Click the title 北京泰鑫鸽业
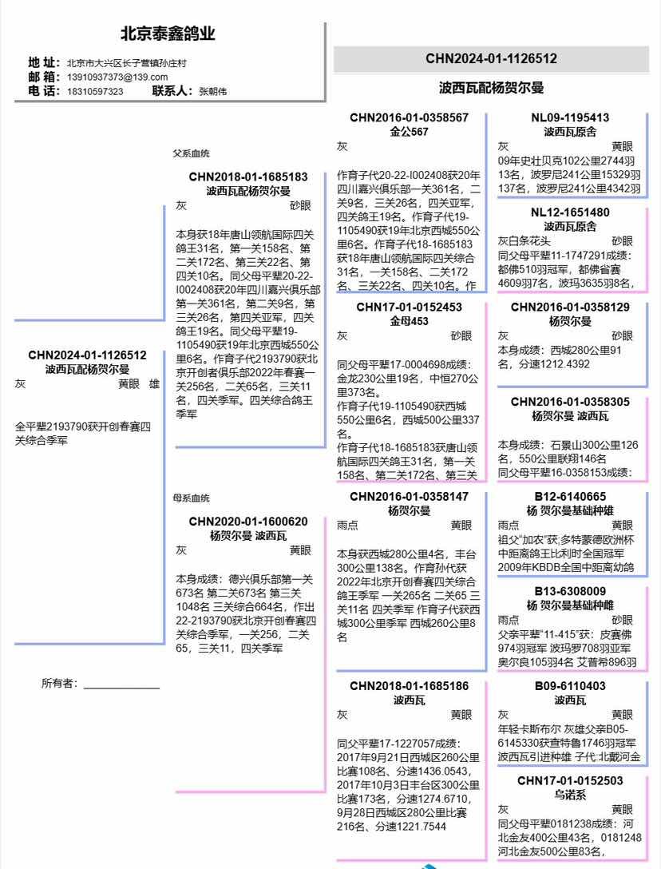(x=168, y=34)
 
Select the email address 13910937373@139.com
(x=117, y=77)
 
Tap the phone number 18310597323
(x=94, y=92)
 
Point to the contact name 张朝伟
(x=212, y=92)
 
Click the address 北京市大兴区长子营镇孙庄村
(x=127, y=62)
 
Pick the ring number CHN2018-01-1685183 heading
(x=248, y=177)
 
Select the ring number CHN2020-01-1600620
(x=248, y=522)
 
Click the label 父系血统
(x=192, y=153)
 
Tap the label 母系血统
(x=192, y=498)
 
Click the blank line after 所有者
(x=121, y=685)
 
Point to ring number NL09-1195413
(x=570, y=117)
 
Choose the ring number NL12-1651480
(x=570, y=212)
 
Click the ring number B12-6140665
(x=570, y=496)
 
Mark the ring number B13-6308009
(x=570, y=591)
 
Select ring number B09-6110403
(x=570, y=686)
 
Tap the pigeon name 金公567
(x=410, y=131)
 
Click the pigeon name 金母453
(x=410, y=321)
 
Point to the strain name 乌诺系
(x=570, y=795)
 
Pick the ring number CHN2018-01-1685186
(x=410, y=686)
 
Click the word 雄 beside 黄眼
(x=155, y=384)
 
